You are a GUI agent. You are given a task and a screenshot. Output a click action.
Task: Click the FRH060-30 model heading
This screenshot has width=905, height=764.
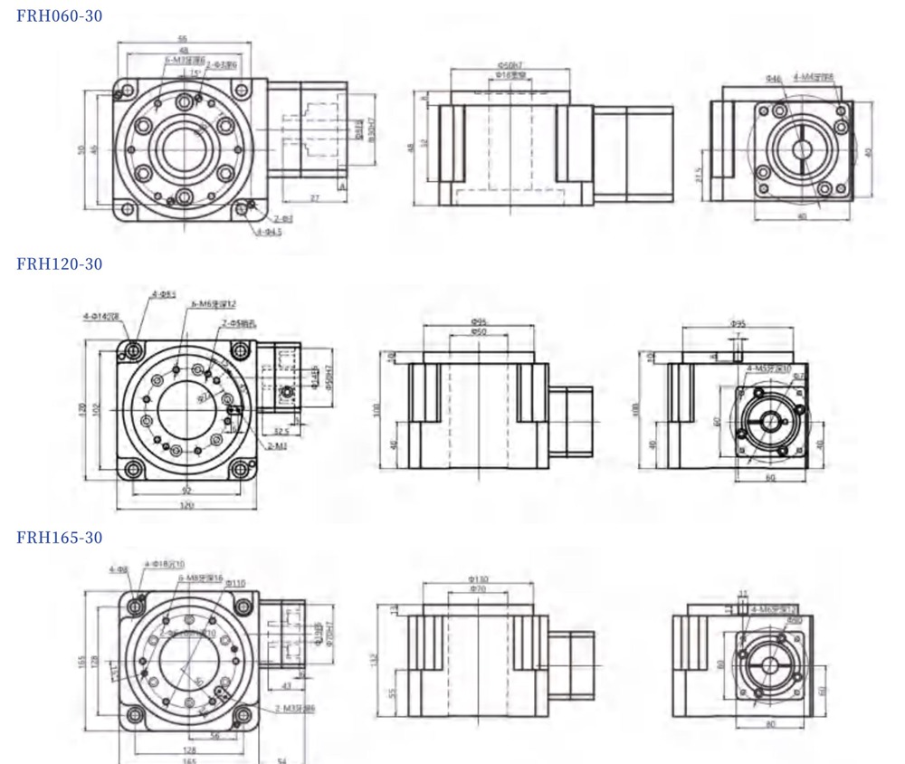click(x=60, y=15)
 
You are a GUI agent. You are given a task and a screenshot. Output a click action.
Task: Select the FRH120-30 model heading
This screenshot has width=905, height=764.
click(x=60, y=263)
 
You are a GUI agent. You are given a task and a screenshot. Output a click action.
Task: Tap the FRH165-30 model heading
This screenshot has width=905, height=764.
click(x=60, y=537)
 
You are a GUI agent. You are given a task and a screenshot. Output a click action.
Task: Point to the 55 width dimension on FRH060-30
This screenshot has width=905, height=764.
click(x=183, y=39)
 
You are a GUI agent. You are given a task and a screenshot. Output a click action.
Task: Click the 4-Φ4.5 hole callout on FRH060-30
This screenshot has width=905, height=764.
click(x=269, y=232)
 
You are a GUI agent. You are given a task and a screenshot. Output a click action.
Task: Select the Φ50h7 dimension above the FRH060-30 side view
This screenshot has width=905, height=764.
click(x=511, y=65)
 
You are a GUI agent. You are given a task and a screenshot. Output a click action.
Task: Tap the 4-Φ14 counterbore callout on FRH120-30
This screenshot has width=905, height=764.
click(x=100, y=316)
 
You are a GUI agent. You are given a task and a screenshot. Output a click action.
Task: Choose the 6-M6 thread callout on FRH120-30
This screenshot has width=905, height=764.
click(x=214, y=305)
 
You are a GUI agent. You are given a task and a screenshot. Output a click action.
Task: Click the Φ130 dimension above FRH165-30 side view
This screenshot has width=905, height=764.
click(x=478, y=578)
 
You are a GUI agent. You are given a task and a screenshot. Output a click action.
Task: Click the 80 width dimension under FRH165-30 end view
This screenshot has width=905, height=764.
click(x=769, y=724)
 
